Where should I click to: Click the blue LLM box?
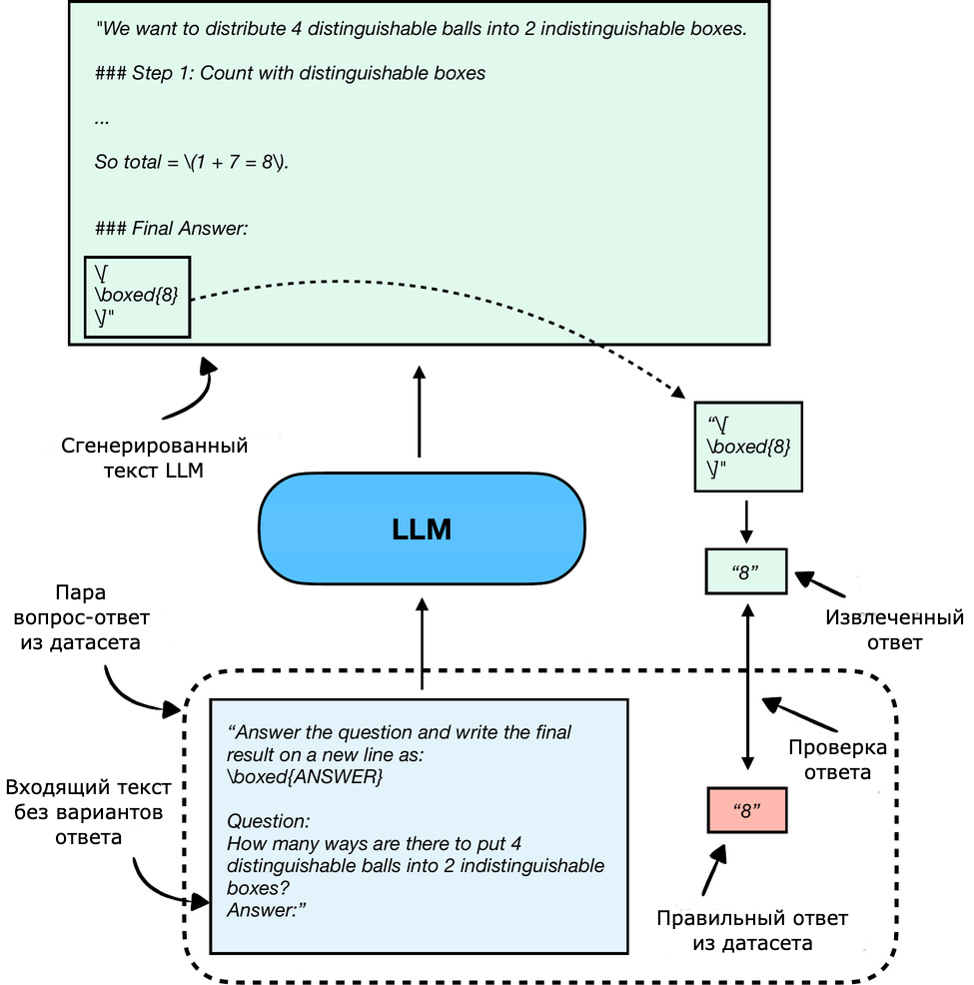[x=421, y=529]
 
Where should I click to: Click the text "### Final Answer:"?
[x=171, y=229]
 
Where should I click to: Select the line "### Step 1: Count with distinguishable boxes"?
[x=290, y=73]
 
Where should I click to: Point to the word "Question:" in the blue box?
[x=269, y=821]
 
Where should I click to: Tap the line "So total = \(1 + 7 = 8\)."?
[x=192, y=162]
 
